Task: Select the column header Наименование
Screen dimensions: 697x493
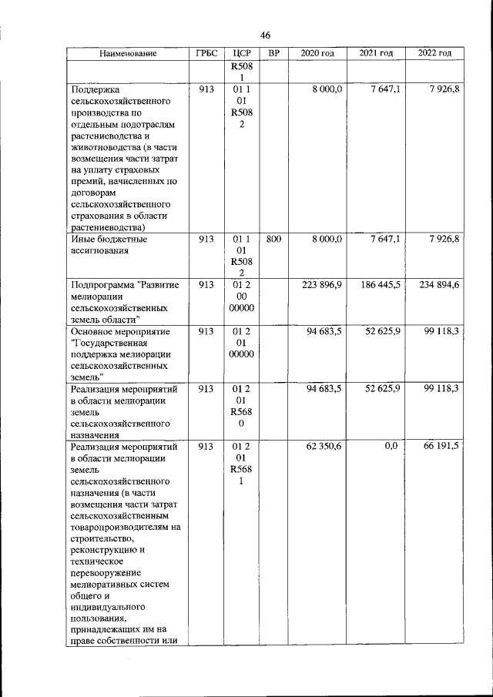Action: pyautogui.click(x=128, y=54)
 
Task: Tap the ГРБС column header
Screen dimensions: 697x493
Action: pyautogui.click(x=205, y=54)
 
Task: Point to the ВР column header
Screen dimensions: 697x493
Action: pyautogui.click(x=273, y=54)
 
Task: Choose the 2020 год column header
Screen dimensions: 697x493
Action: pyautogui.click(x=317, y=54)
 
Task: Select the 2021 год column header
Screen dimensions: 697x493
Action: pyautogui.click(x=376, y=54)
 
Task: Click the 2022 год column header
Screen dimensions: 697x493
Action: pyautogui.click(x=434, y=54)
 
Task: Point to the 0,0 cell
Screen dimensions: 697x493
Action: pyautogui.click(x=393, y=447)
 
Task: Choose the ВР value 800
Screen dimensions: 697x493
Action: pyautogui.click(x=273, y=240)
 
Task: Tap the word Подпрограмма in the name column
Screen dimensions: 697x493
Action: pyautogui.click(x=101, y=285)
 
